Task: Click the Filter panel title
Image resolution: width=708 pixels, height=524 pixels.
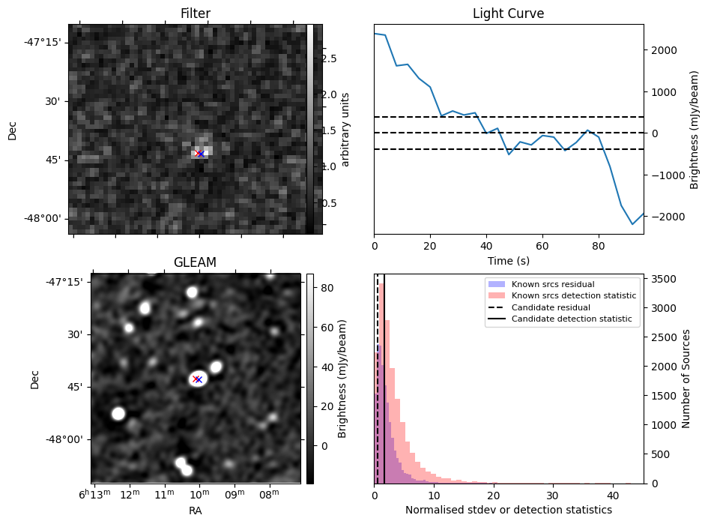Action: pyautogui.click(x=196, y=13)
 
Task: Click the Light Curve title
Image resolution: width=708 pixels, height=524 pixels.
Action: pyautogui.click(x=508, y=13)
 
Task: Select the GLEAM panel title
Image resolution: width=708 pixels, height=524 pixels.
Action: pyautogui.click(x=196, y=262)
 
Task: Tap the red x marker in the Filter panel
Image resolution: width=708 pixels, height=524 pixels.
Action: pyautogui.click(x=197, y=154)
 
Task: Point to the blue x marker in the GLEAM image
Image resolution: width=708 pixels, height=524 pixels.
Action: pyautogui.click(x=199, y=379)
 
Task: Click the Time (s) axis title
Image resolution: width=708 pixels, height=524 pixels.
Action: pyautogui.click(x=508, y=260)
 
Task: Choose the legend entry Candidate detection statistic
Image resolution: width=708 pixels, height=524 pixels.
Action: pyautogui.click(x=571, y=319)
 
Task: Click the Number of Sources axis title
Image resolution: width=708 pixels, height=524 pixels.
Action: pyautogui.click(x=686, y=379)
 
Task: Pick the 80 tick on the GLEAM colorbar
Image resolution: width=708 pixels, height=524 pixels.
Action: pyautogui.click(x=327, y=288)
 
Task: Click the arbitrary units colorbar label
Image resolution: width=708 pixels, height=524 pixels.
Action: pyautogui.click(x=345, y=129)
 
